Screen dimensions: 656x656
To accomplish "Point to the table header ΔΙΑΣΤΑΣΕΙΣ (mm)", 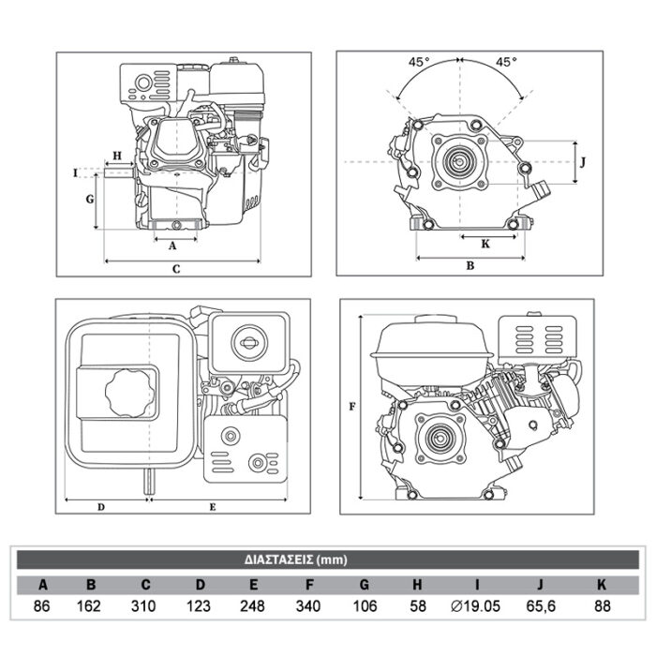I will tap(308, 560).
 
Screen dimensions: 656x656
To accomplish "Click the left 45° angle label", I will tap(418, 62).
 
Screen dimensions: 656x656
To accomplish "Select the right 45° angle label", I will tap(505, 62).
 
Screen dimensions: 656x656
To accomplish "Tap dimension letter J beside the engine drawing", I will tap(583, 161).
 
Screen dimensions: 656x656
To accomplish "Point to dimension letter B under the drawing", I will tap(470, 265).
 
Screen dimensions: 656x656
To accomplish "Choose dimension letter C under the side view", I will tap(176, 268).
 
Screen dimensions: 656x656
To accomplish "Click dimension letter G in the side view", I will tap(89, 199).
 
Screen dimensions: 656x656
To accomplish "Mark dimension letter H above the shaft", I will tap(116, 155).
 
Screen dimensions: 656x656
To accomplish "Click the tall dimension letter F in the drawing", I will tap(351, 407).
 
